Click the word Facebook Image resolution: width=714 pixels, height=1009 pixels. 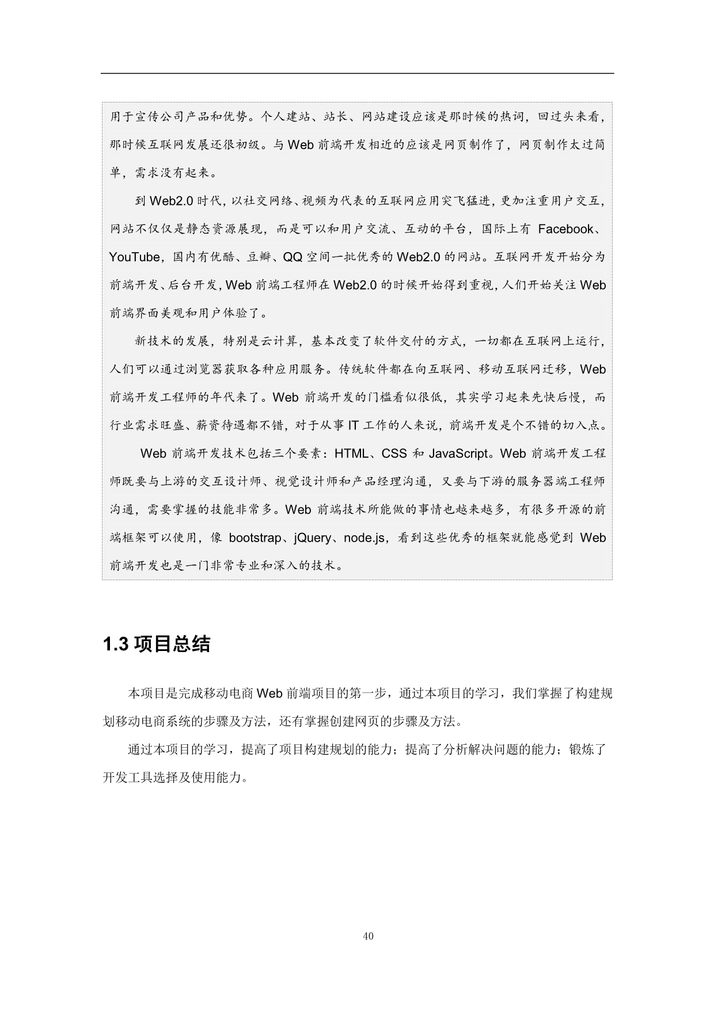(x=565, y=229)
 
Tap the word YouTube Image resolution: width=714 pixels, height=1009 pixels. (x=134, y=257)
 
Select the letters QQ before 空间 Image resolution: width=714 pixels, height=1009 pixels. (x=293, y=257)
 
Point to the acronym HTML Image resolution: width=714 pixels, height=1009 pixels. (x=351, y=454)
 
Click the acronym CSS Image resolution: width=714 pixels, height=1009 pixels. (x=394, y=454)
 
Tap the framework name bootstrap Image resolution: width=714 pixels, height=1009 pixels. (x=255, y=538)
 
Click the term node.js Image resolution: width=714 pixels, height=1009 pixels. (x=364, y=538)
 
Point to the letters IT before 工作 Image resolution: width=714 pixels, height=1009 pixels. (x=353, y=425)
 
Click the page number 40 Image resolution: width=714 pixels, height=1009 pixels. (x=369, y=936)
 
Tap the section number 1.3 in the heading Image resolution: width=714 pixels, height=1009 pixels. (x=115, y=645)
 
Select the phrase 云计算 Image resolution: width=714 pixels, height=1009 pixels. (x=280, y=341)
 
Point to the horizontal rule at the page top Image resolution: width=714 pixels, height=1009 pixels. (x=357, y=73)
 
